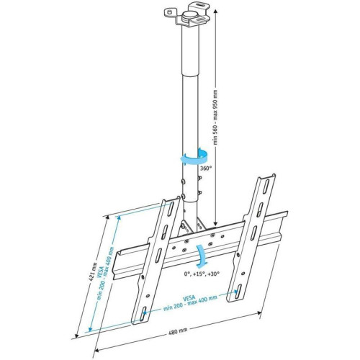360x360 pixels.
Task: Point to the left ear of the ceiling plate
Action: [171, 12]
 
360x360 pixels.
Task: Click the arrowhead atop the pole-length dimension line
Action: [215, 12]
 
